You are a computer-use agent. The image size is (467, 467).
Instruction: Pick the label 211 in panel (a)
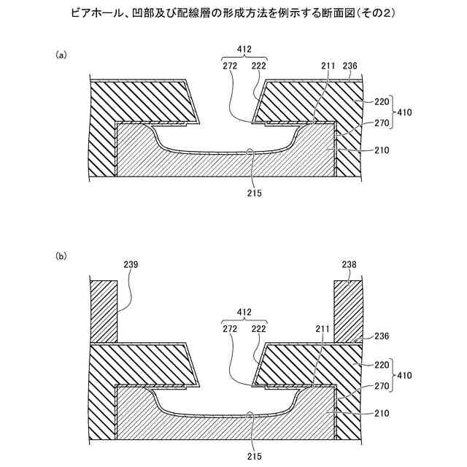point(328,66)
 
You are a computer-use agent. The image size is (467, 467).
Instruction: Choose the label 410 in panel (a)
point(405,112)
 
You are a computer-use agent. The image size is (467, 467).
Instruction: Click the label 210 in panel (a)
point(381,151)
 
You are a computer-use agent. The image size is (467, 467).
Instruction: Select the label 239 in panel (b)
point(131,263)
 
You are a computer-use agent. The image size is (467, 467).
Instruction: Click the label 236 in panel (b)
point(381,336)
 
